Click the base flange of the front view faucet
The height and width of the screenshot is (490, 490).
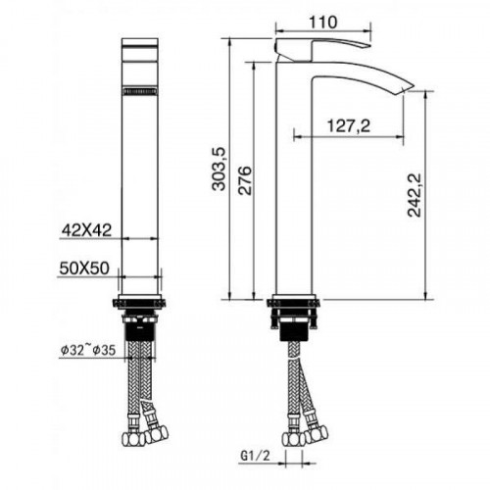click(x=140, y=301)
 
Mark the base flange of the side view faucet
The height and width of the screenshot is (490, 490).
click(x=294, y=302)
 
